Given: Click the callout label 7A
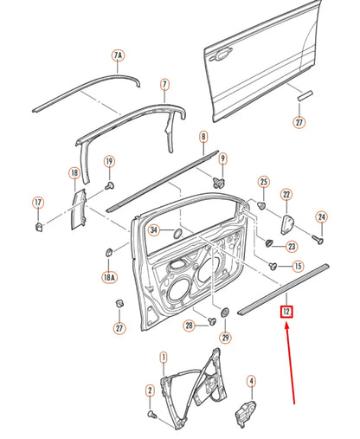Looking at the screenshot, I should [x=118, y=56].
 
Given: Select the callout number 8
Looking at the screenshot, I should [x=202, y=137].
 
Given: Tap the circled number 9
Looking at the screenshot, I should [x=222, y=158].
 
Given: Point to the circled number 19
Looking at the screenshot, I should [x=110, y=162].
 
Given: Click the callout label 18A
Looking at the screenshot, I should [x=109, y=277].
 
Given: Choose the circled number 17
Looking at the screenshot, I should [x=38, y=203].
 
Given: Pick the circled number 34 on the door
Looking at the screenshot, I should [x=153, y=230].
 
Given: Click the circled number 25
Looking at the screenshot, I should [x=264, y=181].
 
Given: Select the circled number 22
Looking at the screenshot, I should [x=286, y=195].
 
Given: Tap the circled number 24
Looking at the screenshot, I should [x=321, y=216].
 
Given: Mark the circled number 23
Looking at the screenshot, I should [x=292, y=246].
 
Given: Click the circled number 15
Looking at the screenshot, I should [x=298, y=267].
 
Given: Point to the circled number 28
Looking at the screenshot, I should [x=188, y=326].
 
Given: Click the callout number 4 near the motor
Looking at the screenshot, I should [x=251, y=380].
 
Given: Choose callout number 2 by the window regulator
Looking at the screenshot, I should [x=149, y=391].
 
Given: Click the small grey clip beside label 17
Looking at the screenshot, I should [x=39, y=228].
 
